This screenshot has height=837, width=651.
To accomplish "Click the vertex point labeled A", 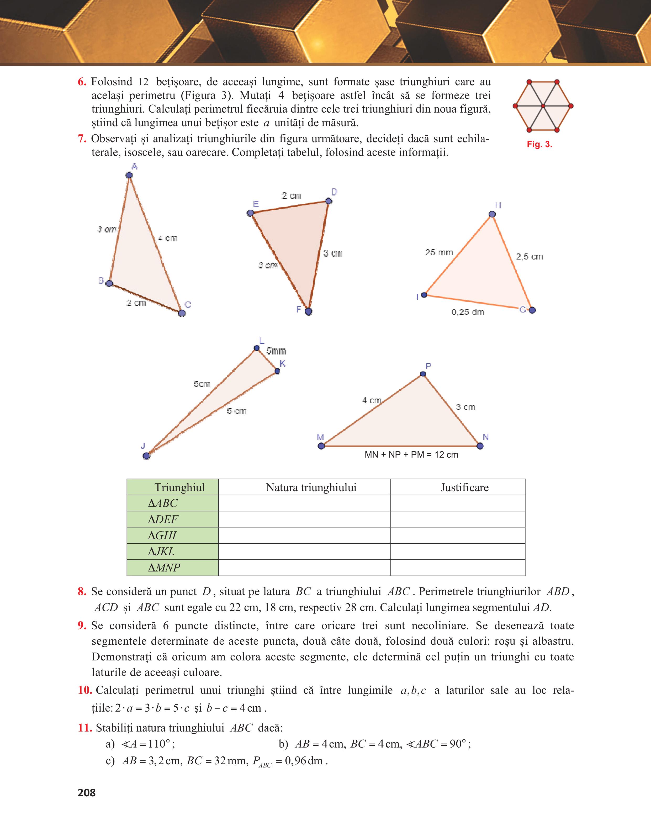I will pos(129,175).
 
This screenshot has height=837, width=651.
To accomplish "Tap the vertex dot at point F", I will pos(309,311).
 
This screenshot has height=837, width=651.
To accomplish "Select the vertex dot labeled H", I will pos(492,214).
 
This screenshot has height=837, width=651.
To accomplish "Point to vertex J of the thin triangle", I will pos(146,456).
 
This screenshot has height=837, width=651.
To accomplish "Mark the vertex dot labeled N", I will pos(480,446).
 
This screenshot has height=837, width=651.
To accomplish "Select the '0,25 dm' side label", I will pos(468,312).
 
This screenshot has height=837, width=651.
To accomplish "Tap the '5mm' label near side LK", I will pos(276,351).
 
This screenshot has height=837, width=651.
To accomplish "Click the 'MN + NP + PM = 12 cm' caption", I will pos(411,455).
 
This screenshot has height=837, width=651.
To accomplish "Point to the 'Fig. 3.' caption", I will pos(539,145).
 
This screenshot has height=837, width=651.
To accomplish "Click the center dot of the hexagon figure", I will pos(543,106).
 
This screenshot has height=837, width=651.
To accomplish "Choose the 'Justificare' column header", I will pos(464,488).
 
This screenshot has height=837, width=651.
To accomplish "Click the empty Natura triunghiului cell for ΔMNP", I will pos(304,568).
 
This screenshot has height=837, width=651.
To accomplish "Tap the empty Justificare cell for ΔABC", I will pos(458,503).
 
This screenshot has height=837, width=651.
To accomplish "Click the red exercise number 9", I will pos(82,626).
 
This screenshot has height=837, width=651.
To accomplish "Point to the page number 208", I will pos(87,793).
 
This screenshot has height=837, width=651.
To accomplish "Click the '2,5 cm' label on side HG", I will pos(529,257).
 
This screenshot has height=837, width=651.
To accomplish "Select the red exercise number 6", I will pos(82,82).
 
